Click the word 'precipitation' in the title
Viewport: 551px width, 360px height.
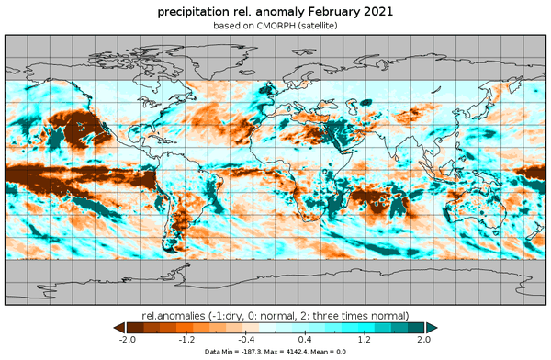(x=195, y=12)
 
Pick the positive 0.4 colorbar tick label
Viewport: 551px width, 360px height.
(x=304, y=339)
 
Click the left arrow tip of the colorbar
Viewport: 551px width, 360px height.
(x=116, y=326)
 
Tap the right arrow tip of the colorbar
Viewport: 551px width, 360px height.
(x=433, y=326)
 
